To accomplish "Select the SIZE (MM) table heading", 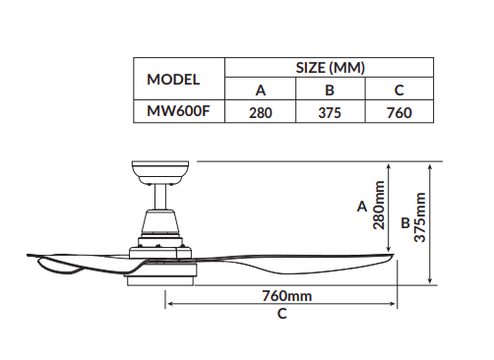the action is click(x=330, y=68).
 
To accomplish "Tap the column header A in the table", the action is click(x=261, y=90).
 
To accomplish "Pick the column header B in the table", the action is click(x=330, y=90).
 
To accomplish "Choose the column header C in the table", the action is click(x=400, y=90).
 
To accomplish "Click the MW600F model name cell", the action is click(x=178, y=111).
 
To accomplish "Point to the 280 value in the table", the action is click(x=261, y=113).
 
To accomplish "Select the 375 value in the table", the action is click(x=330, y=113).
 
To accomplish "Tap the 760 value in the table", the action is click(x=400, y=113).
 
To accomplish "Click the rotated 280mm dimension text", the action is click(x=379, y=205).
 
